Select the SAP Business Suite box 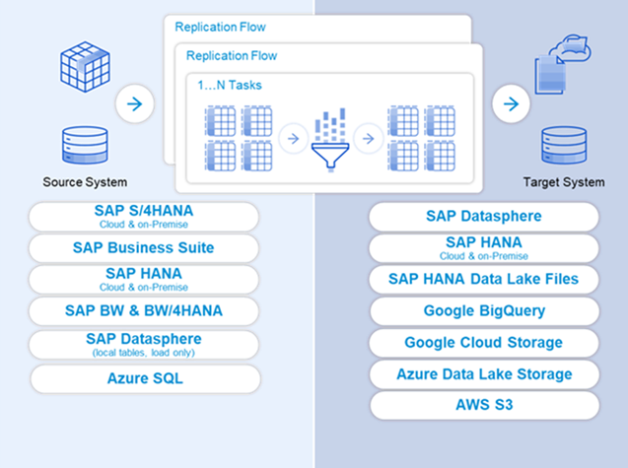pos(144,248)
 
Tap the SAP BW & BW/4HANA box pos(144,311)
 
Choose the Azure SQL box pos(144,378)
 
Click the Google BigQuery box pos(483,311)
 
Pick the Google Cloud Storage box pos(483,343)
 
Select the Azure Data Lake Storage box pos(483,374)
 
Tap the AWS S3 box pos(483,405)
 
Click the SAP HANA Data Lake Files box pos(483,279)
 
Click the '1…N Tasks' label pos(229,86)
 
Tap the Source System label pos(85,182)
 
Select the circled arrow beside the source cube pos(134,101)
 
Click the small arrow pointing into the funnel pos(291,139)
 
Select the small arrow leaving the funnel pos(366,139)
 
